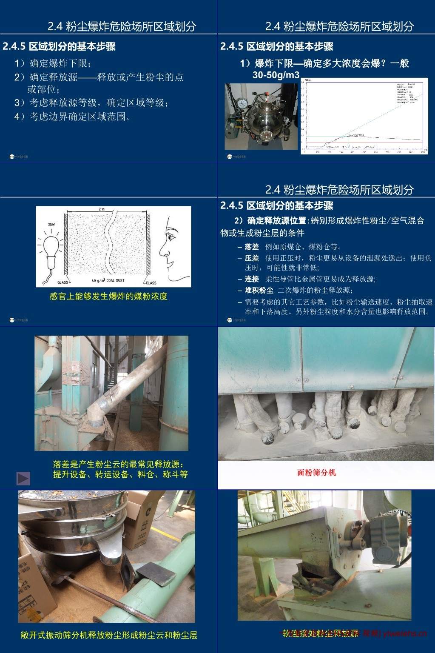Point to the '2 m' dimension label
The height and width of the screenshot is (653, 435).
101,209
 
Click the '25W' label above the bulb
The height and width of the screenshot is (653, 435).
51,224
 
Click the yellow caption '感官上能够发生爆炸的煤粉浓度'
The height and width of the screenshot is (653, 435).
108,296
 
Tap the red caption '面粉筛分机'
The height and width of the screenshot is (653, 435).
316,472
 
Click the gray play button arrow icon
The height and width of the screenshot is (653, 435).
23,479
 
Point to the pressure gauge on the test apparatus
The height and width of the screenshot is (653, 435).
244,103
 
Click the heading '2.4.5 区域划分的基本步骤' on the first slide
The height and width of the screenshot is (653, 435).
59,46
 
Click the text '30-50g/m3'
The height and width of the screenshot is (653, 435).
276,75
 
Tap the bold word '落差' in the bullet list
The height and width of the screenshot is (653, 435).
252,247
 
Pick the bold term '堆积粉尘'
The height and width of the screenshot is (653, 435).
259,290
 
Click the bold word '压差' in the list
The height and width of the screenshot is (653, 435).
252,258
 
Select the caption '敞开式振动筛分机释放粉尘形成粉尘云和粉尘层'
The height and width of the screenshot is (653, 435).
109,635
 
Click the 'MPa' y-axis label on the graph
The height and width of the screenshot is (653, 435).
307,80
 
